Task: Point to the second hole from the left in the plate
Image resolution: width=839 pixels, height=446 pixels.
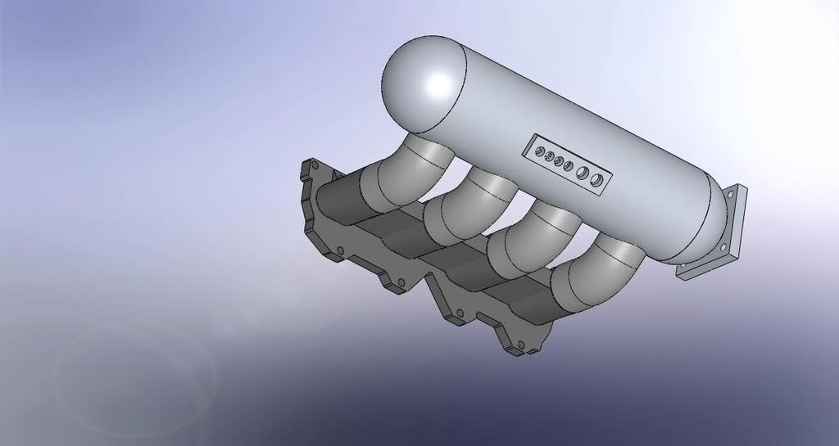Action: click(548, 155)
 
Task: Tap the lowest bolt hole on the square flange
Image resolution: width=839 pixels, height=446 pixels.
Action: click(687, 266)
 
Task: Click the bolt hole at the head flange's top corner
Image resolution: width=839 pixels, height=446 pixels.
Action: click(314, 166)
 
